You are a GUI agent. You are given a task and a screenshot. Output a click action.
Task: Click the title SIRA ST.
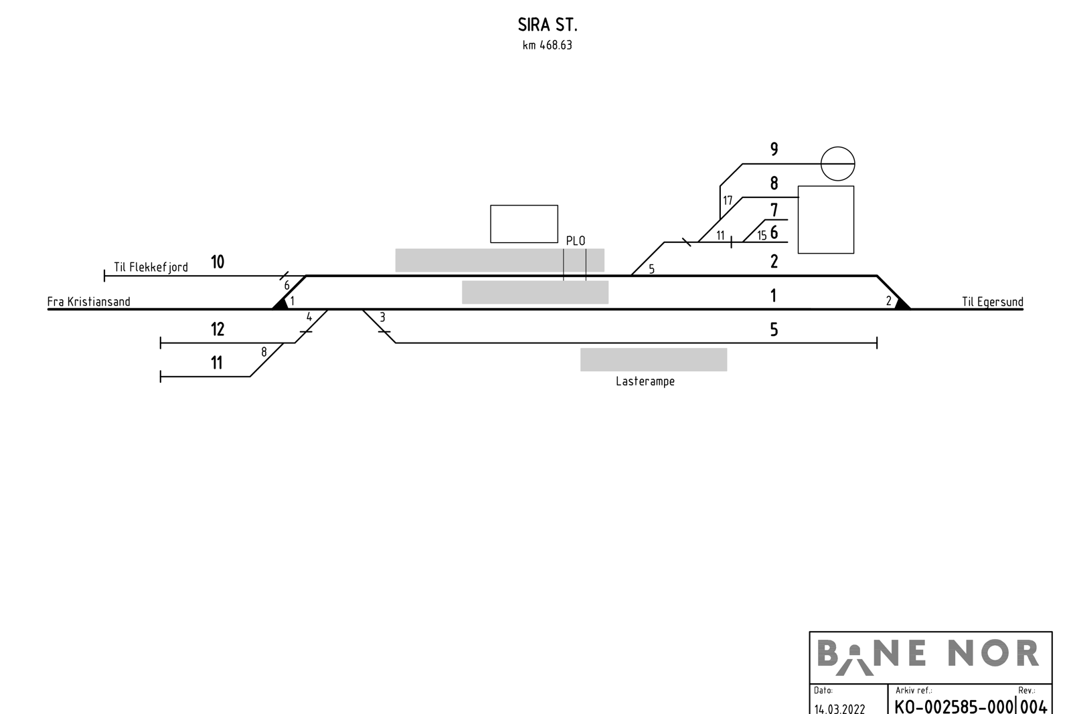tap(548, 25)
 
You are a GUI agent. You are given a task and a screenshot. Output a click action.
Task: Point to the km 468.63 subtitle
tap(548, 46)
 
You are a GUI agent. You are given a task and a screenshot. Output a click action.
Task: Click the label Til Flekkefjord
tap(151, 267)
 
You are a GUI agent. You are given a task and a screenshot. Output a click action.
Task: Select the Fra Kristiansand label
tap(88, 302)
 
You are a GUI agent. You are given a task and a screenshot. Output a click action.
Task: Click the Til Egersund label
tap(993, 302)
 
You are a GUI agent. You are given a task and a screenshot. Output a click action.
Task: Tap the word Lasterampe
tap(645, 381)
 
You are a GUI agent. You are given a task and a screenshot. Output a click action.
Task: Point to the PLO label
tap(576, 241)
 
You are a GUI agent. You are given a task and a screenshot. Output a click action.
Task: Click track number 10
tap(218, 262)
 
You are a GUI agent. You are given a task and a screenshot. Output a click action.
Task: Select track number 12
tap(218, 329)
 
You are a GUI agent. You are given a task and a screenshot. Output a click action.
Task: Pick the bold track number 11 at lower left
tap(217, 363)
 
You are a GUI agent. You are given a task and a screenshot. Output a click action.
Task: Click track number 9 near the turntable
tap(774, 149)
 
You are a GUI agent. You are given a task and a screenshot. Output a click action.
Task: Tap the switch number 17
tap(728, 201)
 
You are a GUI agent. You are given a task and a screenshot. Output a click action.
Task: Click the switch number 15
tap(762, 235)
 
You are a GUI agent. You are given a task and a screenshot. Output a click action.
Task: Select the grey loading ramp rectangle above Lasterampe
tap(653, 359)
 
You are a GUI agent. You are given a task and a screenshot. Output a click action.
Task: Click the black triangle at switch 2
tap(902, 304)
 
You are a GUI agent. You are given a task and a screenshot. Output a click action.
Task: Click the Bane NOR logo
tap(928, 656)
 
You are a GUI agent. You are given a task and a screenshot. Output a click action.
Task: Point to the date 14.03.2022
tap(839, 708)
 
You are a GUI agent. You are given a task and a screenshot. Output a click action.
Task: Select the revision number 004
tap(1034, 707)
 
